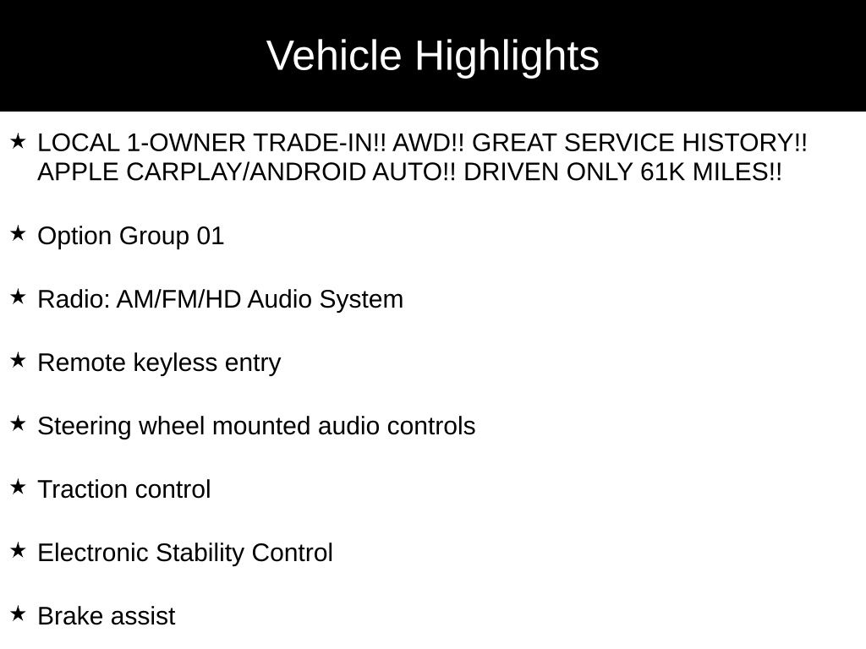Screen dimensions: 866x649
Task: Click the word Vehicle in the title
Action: (x=333, y=55)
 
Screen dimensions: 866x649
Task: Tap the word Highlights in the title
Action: (x=507, y=57)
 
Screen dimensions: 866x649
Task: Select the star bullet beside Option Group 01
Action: (x=18, y=233)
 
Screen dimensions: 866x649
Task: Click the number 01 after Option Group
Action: (x=211, y=237)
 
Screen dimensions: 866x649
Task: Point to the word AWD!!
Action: (x=429, y=143)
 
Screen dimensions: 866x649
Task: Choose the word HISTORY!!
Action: (x=744, y=143)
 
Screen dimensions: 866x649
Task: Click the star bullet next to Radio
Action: (x=18, y=297)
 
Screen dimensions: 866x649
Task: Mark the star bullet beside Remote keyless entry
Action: (x=18, y=360)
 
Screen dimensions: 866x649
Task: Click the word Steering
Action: (x=85, y=427)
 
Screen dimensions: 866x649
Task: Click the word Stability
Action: (x=200, y=554)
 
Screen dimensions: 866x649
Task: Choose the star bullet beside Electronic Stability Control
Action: (x=18, y=550)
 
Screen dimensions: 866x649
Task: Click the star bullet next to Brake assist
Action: (x=18, y=614)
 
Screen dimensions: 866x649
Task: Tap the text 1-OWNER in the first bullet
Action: (x=186, y=143)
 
